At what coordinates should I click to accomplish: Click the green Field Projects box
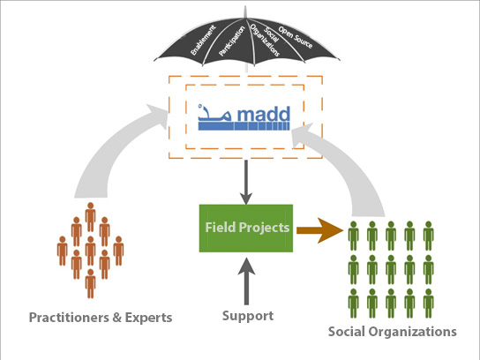(246, 229)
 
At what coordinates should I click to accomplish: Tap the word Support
(248, 316)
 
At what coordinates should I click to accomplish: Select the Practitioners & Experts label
(101, 318)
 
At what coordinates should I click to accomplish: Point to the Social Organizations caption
(392, 332)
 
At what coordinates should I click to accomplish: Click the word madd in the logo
(264, 114)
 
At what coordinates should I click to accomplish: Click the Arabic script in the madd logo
(215, 113)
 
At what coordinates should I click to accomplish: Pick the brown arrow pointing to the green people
(320, 230)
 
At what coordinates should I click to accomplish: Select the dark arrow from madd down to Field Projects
(246, 183)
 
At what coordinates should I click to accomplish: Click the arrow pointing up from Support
(246, 281)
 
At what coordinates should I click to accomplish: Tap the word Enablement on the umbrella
(203, 40)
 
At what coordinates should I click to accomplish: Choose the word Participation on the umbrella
(232, 41)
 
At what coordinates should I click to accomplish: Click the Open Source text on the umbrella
(295, 38)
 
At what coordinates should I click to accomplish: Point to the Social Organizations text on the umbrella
(265, 40)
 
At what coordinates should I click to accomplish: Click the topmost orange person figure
(90, 217)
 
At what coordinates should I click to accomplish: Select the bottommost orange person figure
(90, 283)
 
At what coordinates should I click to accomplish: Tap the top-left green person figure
(353, 236)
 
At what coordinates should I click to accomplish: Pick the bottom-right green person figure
(428, 304)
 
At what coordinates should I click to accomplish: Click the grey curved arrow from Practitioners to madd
(113, 147)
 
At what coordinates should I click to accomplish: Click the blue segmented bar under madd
(244, 126)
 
